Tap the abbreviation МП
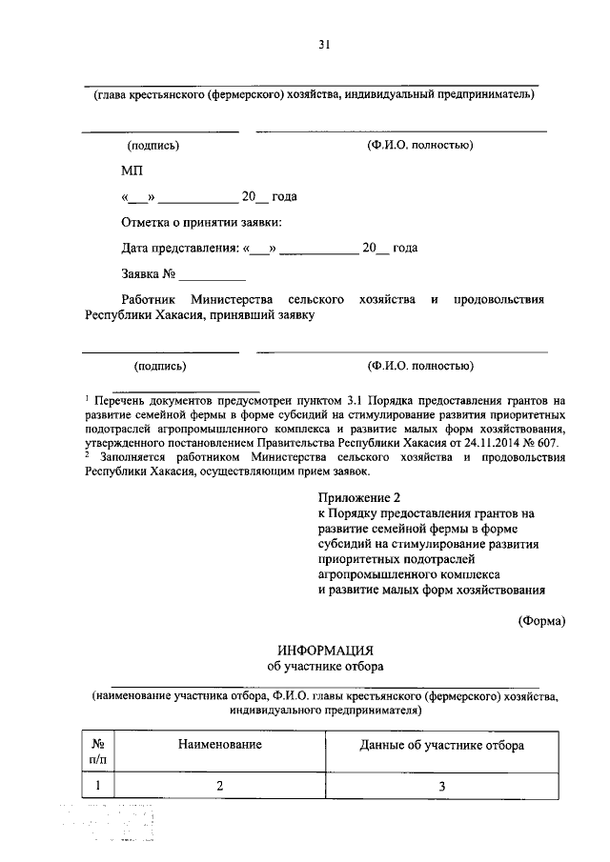pyautogui.click(x=132, y=171)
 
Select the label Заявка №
pyautogui.click(x=150, y=274)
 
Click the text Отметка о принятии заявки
pyautogui.click(x=201, y=223)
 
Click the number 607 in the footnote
pyautogui.click(x=556, y=444)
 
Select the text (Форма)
pyautogui.click(x=541, y=621)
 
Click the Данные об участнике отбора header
pyautogui.click(x=441, y=745)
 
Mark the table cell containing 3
pyautogui.click(x=441, y=786)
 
